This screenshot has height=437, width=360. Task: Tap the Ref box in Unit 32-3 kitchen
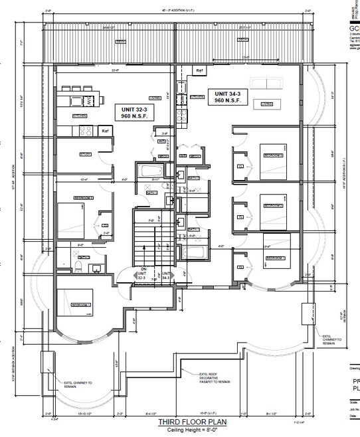[105, 131]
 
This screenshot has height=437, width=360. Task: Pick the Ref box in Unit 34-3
[198, 70]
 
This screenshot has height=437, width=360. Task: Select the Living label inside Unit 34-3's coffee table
[267, 104]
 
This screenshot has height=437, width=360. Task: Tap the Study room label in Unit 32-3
[85, 155]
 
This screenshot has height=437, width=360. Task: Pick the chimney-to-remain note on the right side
[333, 341]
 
